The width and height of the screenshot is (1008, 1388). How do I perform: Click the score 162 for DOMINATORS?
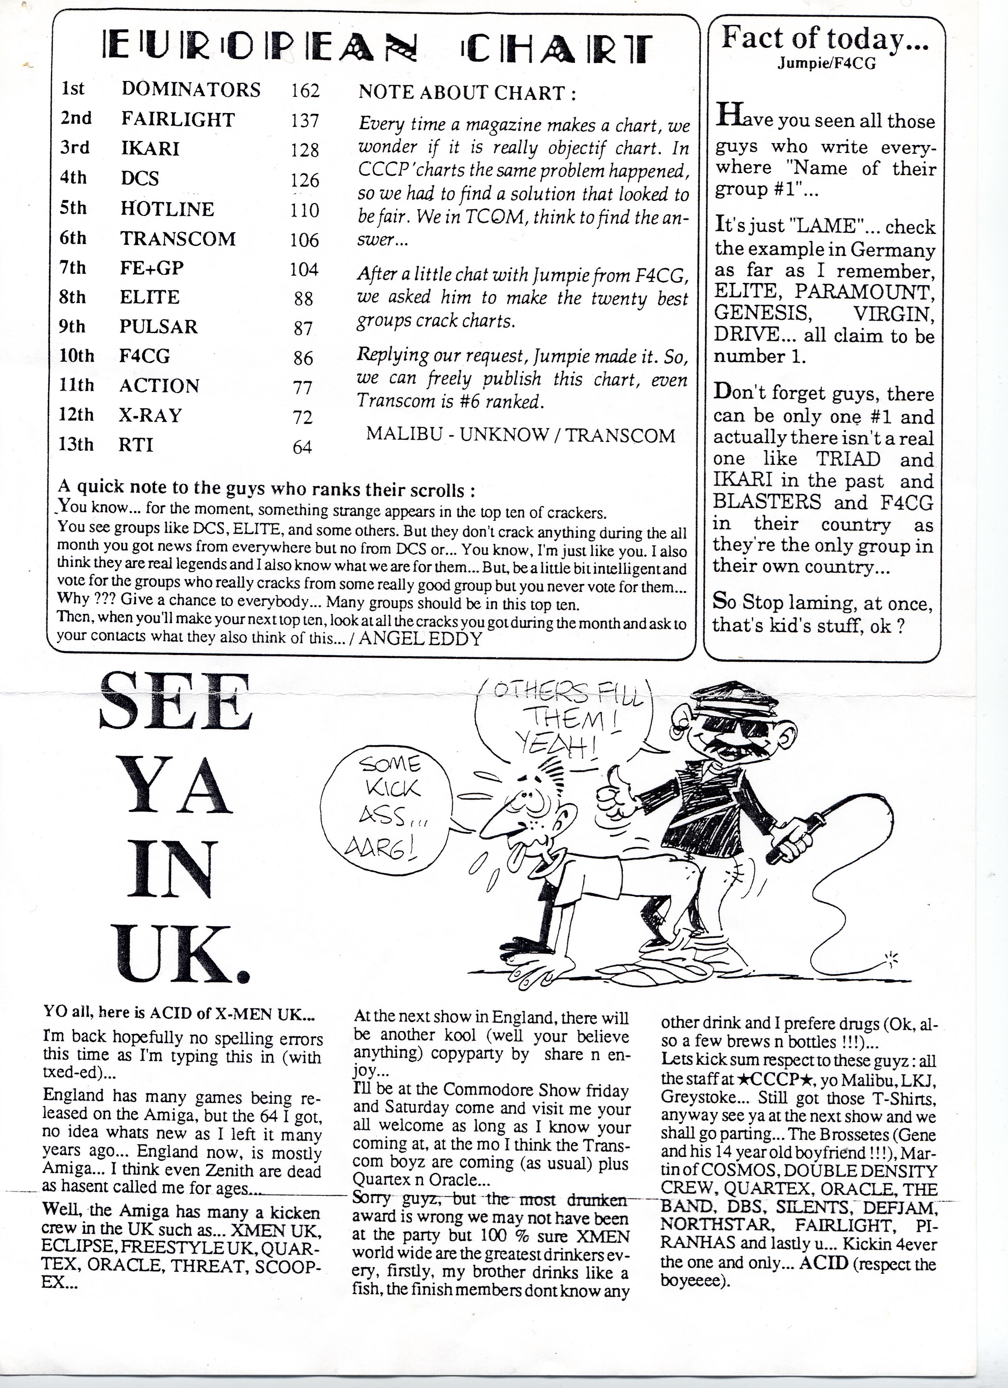tap(305, 91)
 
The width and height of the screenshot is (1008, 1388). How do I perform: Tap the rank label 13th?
tap(76, 444)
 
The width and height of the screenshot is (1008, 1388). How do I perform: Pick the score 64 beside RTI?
tap(302, 447)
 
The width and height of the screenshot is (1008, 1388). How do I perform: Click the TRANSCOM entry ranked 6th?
tap(177, 239)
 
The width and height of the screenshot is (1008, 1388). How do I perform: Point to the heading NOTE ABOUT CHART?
tap(467, 93)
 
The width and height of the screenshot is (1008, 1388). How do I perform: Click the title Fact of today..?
tap(825, 39)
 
